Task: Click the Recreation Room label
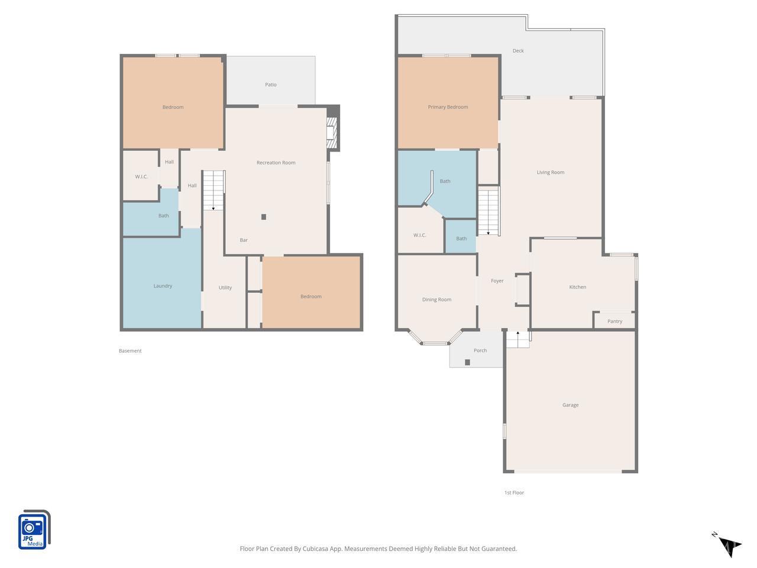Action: (276, 163)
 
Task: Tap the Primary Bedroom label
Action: (448, 107)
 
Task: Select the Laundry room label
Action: (163, 286)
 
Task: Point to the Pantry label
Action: (614, 321)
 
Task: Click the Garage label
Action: (570, 405)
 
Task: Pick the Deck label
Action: (518, 51)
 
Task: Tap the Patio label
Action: (271, 85)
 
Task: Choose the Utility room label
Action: (225, 288)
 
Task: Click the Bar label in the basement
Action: (244, 240)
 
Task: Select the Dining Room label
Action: (436, 300)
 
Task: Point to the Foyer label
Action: (497, 281)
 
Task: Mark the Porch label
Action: (480, 350)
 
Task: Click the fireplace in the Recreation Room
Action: (332, 133)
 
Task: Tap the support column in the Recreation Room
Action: (264, 217)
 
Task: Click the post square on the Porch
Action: (467, 362)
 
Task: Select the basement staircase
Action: (214, 190)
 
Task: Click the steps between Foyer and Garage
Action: (517, 340)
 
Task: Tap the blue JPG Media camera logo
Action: (34, 530)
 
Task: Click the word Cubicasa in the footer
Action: (315, 548)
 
